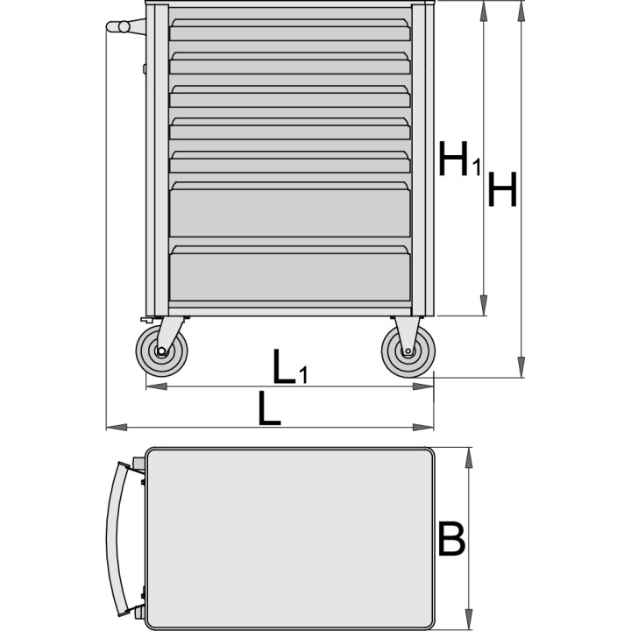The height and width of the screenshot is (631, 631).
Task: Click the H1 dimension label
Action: coord(459,159)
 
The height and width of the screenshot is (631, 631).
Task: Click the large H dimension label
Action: coord(502,189)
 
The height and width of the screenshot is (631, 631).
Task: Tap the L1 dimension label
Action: coord(290,366)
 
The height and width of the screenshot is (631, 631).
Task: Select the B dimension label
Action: coord(451,538)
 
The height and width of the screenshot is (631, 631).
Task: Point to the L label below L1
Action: coord(269,408)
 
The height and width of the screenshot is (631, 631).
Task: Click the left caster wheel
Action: coord(161,351)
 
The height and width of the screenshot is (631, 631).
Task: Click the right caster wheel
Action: coord(408,351)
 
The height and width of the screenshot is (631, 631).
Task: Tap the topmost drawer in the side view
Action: coord(290,30)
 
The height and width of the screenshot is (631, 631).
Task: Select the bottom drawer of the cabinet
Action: coord(290,273)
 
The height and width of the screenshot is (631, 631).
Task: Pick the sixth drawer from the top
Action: coord(290,209)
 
